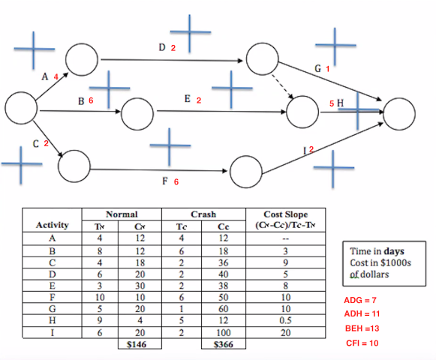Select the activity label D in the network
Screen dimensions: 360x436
[x=162, y=48]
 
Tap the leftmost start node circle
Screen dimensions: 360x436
[x=21, y=109]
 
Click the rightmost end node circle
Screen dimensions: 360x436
[x=399, y=112]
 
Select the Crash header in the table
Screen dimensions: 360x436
[x=204, y=214]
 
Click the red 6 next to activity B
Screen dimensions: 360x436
[x=91, y=100]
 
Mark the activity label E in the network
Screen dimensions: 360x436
[x=188, y=99]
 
